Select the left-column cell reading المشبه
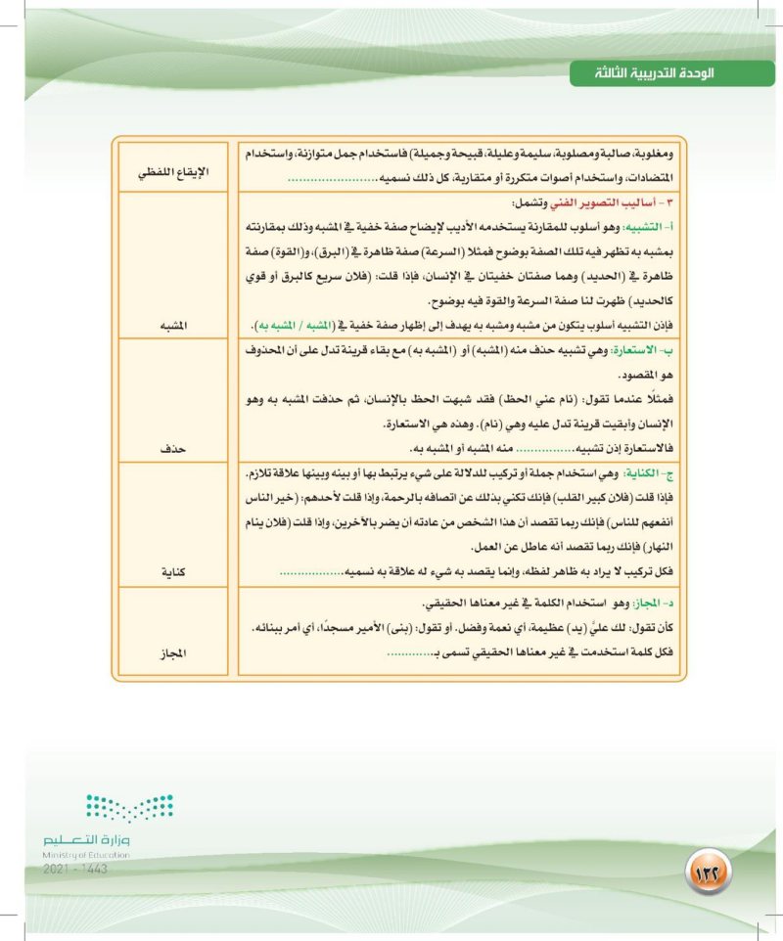[173, 324]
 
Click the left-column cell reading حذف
[173, 449]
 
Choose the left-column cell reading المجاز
[173, 652]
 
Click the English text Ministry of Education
[87, 854]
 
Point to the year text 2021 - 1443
[77, 868]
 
